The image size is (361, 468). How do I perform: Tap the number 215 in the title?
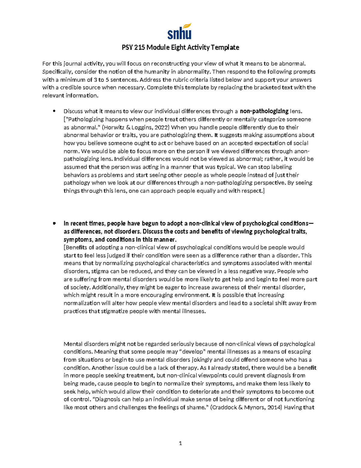tap(140, 47)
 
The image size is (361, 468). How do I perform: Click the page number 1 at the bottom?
tap(180, 443)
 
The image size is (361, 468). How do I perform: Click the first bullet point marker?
tap(54, 111)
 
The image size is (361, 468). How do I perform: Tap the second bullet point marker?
tap(54, 223)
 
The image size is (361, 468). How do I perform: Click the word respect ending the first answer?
tap(253, 191)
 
